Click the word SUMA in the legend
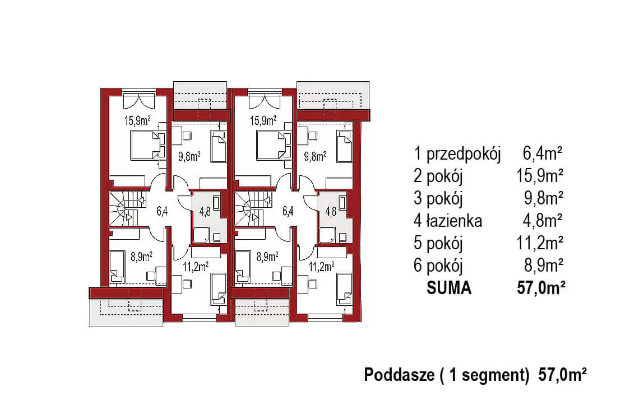click(x=449, y=288)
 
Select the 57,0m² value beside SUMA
click(x=540, y=288)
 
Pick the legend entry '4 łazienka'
click(x=448, y=221)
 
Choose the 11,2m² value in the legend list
click(x=540, y=243)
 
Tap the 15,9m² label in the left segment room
click(x=137, y=120)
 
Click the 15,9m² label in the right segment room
click(x=263, y=120)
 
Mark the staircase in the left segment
click(x=123, y=208)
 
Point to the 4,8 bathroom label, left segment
click(x=205, y=212)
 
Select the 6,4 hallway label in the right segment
click(x=288, y=212)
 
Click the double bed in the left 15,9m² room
click(x=143, y=145)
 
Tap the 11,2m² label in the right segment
click(x=322, y=267)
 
